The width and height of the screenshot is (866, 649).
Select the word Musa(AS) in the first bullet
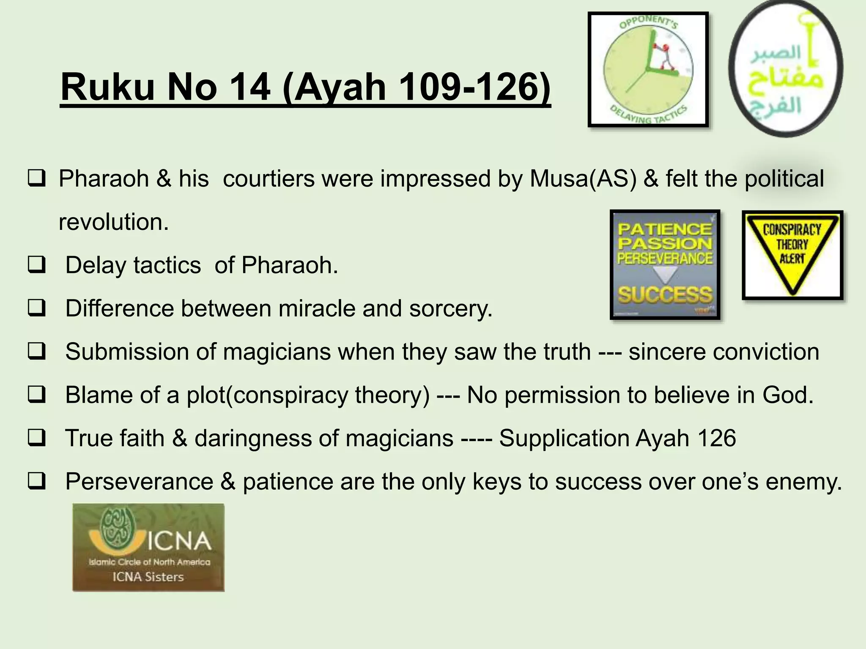click(x=583, y=178)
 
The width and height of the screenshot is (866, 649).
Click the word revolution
click(x=113, y=222)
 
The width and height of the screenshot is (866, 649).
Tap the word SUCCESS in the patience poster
click(x=665, y=294)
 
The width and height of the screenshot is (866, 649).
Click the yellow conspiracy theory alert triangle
click(x=792, y=254)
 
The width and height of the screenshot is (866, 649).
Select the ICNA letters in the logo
click(x=179, y=541)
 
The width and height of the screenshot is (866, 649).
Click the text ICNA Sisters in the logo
click(x=148, y=577)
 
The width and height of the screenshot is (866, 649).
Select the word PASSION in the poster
click(x=665, y=244)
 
